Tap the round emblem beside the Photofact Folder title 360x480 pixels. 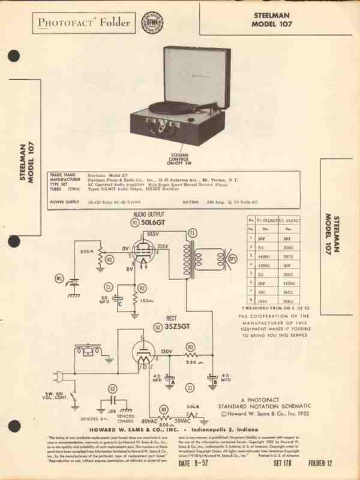point(149,23)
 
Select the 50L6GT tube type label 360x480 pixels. point(153,221)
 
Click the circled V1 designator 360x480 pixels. point(134,221)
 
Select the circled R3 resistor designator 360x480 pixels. point(190,347)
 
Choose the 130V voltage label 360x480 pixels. point(167,352)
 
